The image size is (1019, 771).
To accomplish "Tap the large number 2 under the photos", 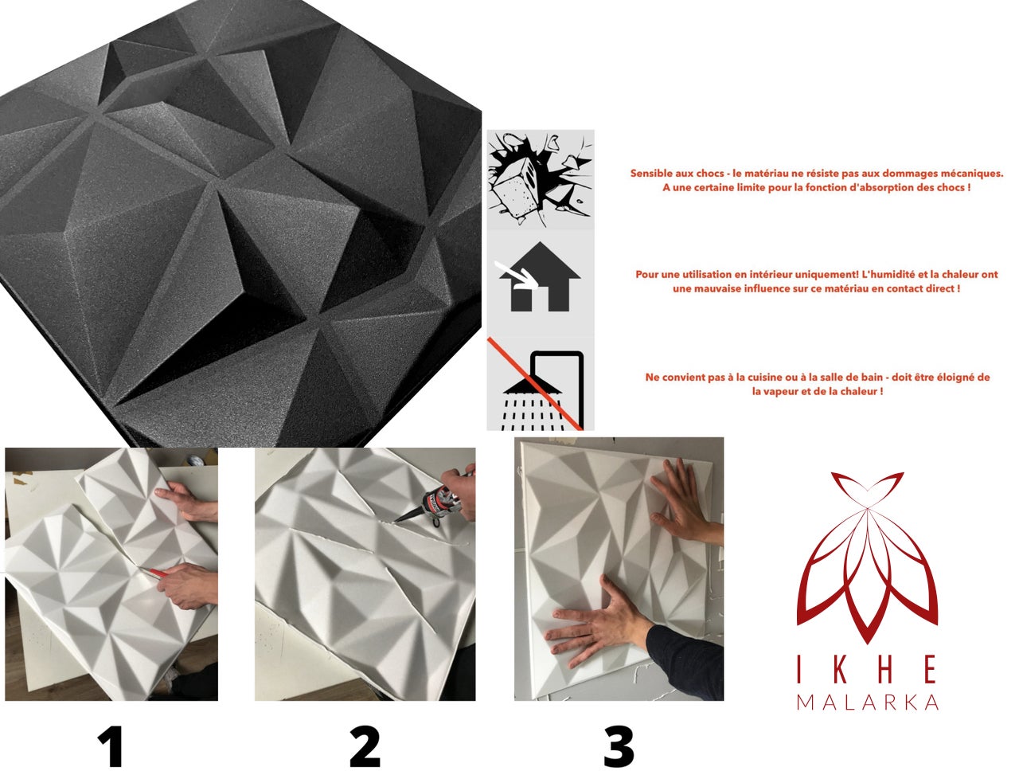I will coord(365,747).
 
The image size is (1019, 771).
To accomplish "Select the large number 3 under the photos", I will coord(619,747).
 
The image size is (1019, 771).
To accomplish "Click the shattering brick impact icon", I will coord(541,179).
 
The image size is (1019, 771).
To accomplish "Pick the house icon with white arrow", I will coord(541,279).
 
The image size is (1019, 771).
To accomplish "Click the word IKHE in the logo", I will coord(867,671).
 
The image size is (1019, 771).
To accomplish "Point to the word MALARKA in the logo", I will coord(867,703).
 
